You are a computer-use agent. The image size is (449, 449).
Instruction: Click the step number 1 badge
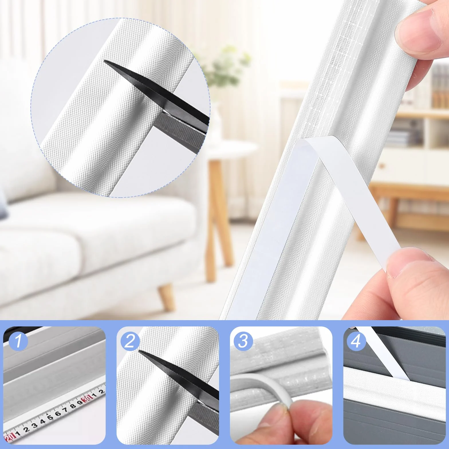point(19,341)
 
